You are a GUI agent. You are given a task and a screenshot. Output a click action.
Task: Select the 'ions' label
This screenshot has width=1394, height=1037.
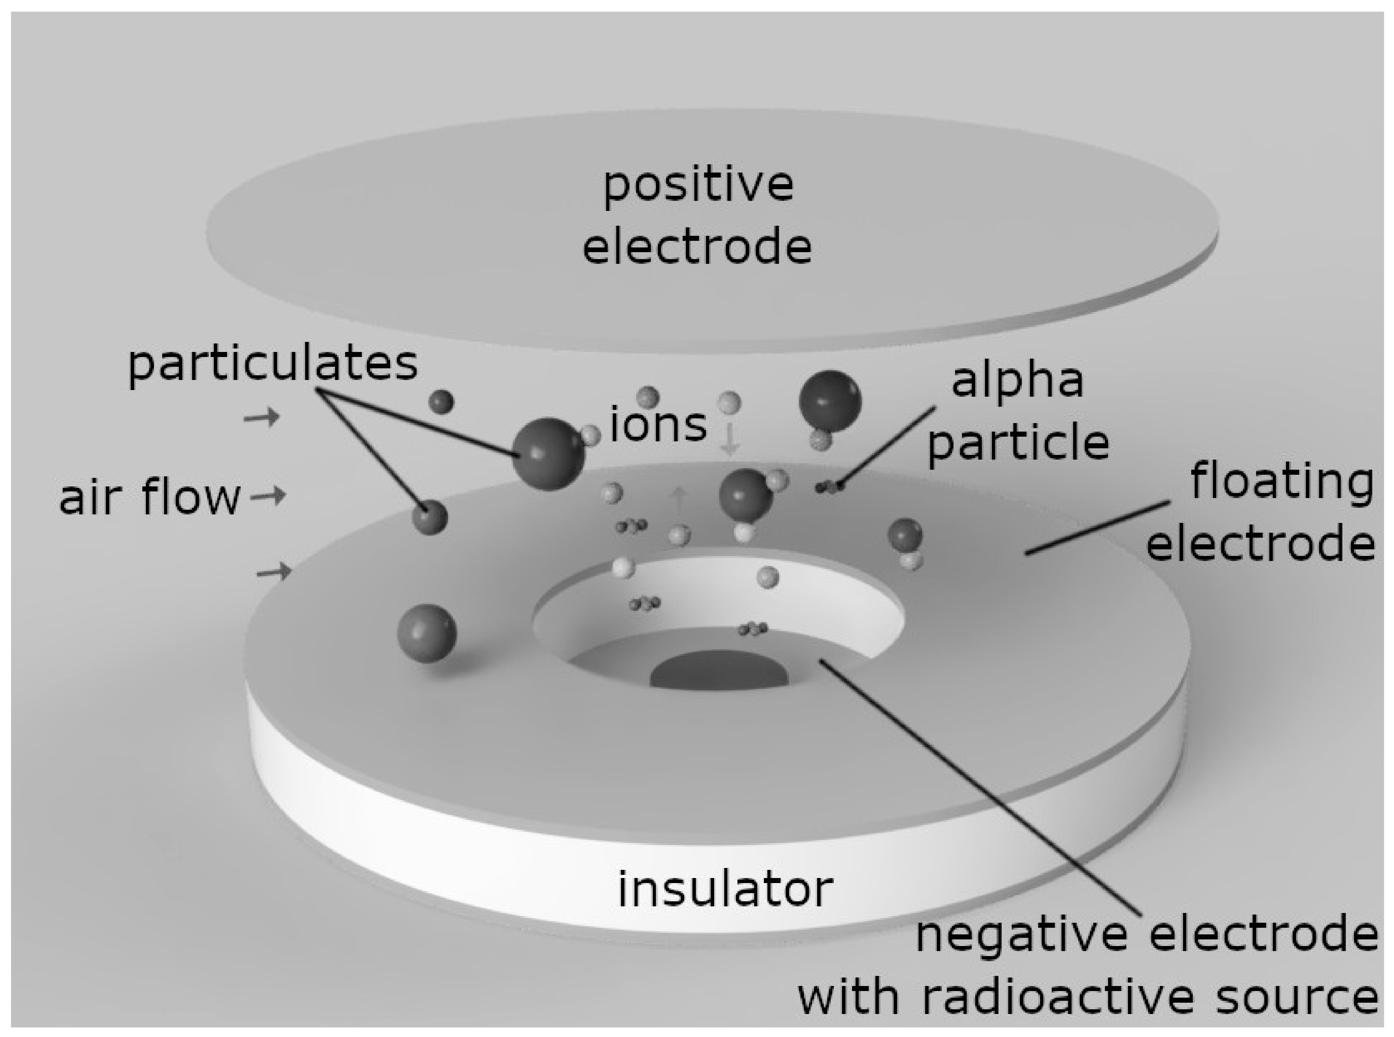click(658, 425)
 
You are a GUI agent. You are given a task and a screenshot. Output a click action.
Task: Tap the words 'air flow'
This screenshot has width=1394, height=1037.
click(150, 497)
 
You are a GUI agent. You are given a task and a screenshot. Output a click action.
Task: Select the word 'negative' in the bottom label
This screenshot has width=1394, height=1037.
click(1022, 935)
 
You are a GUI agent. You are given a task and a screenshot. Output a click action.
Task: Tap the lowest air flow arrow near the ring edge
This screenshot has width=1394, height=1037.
click(275, 571)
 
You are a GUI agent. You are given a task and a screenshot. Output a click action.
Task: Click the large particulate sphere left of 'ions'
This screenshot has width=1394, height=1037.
click(548, 453)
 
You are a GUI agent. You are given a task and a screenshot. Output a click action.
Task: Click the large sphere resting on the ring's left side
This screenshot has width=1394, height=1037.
click(427, 633)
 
